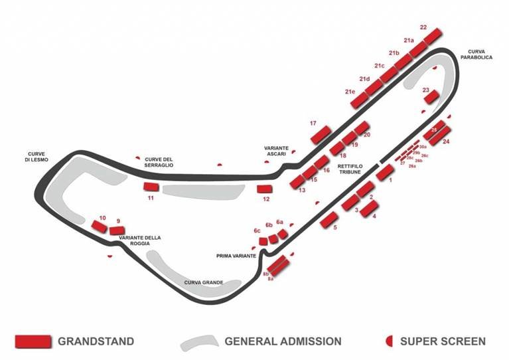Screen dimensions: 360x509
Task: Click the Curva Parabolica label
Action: tap(479, 54)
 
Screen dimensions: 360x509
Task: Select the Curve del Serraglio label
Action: tap(159, 161)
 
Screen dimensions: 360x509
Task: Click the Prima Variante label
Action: tap(236, 255)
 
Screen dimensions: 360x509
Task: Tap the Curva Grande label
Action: tap(204, 282)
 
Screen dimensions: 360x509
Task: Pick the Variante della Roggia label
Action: tap(139, 240)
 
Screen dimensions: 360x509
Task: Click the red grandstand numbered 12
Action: tap(265, 189)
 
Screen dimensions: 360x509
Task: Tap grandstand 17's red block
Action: tap(321, 134)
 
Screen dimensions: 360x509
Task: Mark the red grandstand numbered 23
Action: tap(431, 97)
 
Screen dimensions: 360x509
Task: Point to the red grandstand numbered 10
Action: tap(100, 226)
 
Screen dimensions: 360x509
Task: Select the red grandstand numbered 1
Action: tap(385, 172)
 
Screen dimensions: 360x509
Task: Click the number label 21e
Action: tap(350, 92)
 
